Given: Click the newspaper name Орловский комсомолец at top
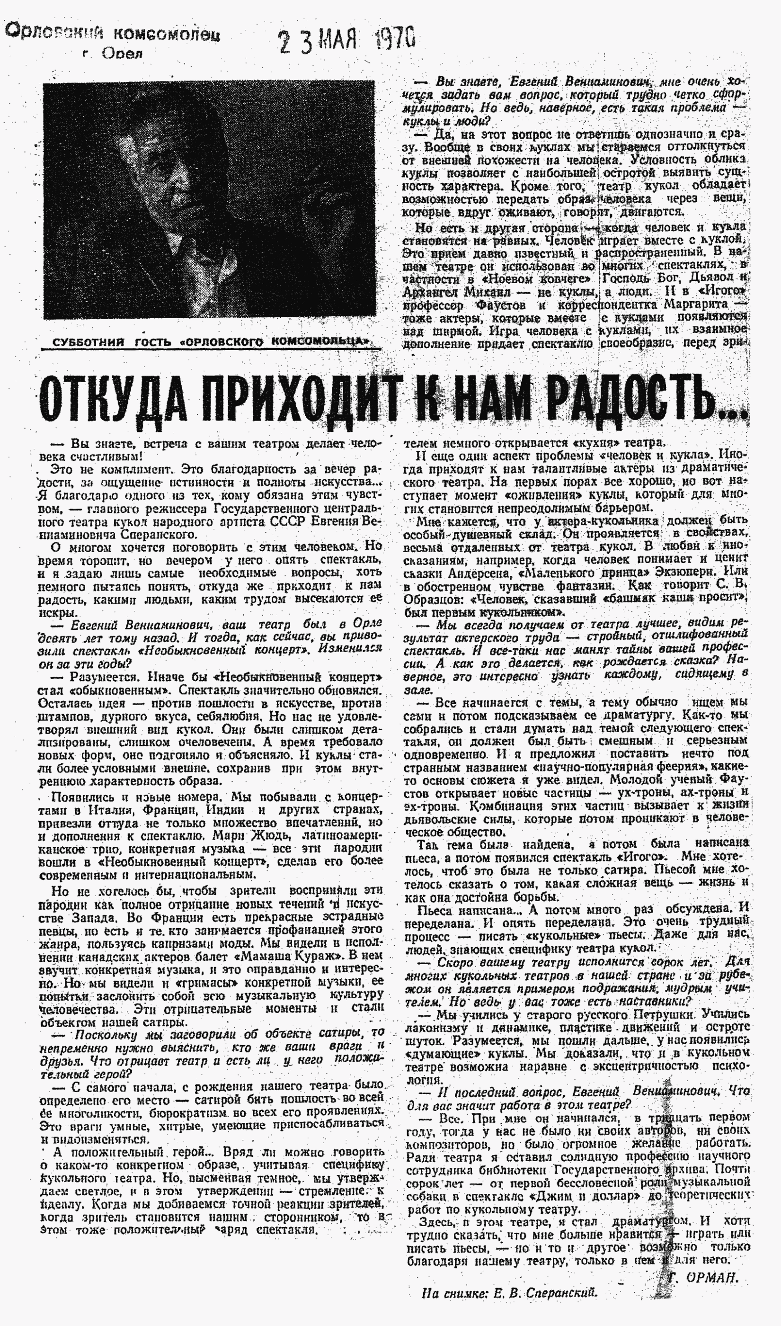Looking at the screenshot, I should tap(113, 34).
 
